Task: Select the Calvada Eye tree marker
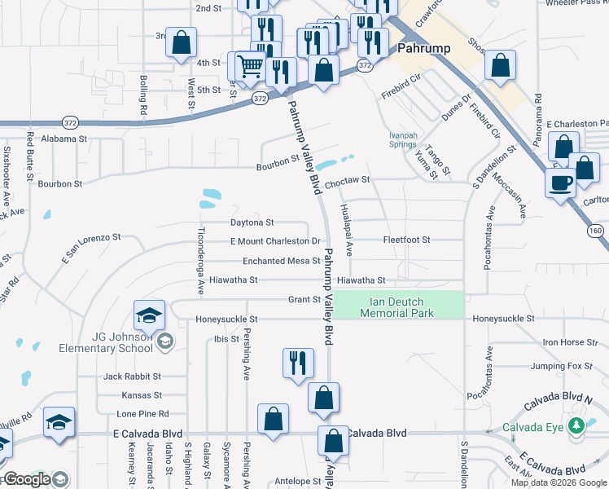coord(576,426)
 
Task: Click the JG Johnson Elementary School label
coord(106,342)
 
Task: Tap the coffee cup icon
coord(561,183)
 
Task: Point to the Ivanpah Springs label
coord(402,139)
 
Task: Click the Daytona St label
coord(252,222)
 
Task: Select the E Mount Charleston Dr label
coord(275,241)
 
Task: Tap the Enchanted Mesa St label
coord(281,261)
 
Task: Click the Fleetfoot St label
coord(406,240)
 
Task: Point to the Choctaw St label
coord(347,179)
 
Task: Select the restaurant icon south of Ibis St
coord(298,362)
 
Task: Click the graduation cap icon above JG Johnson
coord(150,315)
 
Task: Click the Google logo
coord(27,480)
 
